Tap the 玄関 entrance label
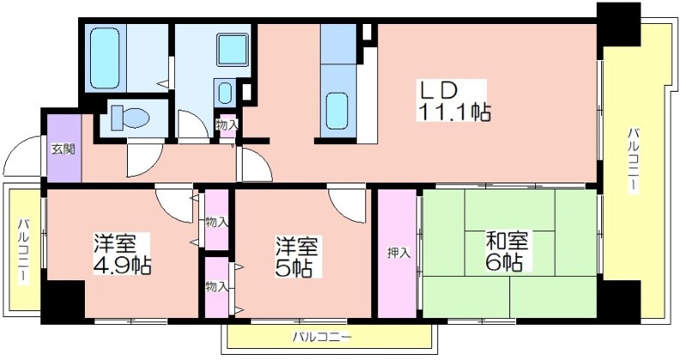63,149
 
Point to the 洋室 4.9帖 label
122,255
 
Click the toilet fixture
130,118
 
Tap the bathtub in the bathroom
105,57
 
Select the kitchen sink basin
337,111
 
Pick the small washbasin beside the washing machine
225,93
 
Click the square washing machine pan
232,50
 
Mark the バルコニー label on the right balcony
633,159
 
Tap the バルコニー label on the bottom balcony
322,337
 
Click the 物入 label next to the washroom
227,125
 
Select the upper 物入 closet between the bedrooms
217,222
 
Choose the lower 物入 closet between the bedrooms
217,286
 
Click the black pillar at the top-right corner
618,25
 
